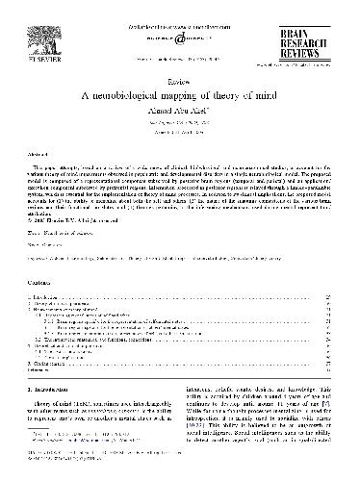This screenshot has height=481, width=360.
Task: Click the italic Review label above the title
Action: click(x=180, y=83)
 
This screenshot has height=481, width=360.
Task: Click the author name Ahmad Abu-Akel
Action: click(x=180, y=109)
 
